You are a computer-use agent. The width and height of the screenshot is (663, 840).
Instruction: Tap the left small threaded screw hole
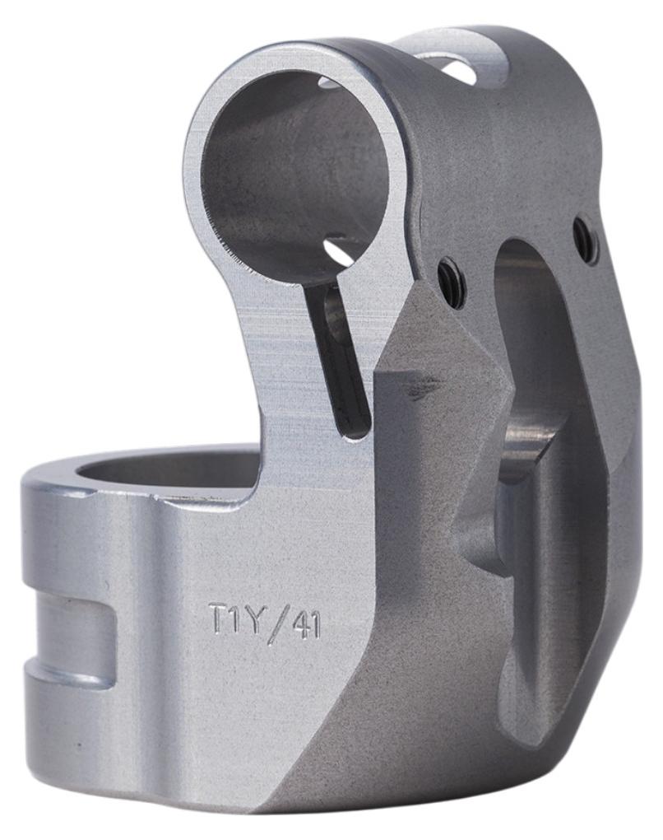(x=449, y=282)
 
